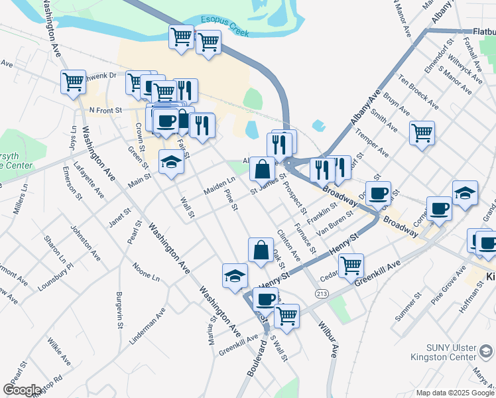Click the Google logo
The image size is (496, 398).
(23, 389)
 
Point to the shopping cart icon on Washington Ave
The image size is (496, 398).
(73, 82)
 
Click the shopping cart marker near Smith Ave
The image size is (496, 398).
(422, 133)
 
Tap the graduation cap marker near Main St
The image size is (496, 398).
(172, 162)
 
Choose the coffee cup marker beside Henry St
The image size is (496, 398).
(265, 299)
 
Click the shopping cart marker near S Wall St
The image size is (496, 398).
(286, 316)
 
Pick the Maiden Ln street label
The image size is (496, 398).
(219, 185)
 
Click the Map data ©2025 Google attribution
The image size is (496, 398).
(454, 393)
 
